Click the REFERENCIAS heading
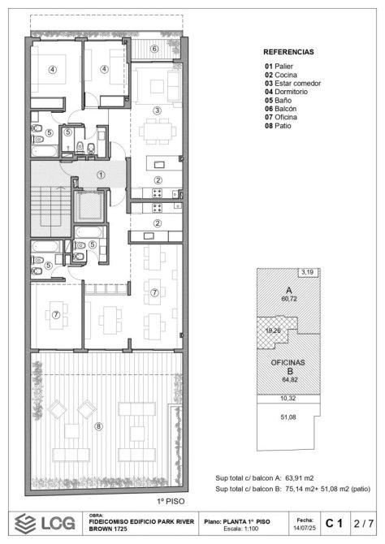tap(288, 52)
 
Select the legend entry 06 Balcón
tap(280, 109)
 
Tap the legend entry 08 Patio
tap(278, 126)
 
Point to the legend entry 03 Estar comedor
tap(292, 84)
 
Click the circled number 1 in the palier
tap(101, 175)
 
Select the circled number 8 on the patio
tap(99, 426)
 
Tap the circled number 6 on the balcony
tap(154, 49)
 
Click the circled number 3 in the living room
tap(157, 110)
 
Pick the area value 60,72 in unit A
tap(289, 299)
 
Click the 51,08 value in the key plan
tap(288, 417)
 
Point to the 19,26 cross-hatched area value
tap(273, 330)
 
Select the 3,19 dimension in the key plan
tap(308, 272)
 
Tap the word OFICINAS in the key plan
tap(288, 363)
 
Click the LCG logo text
tap(58, 523)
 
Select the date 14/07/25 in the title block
tap(305, 527)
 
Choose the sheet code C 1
tap(334, 523)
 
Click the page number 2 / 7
tap(364, 523)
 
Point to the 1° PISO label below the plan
tap(171, 501)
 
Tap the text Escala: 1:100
tap(240, 529)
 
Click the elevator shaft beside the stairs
tap(89, 206)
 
